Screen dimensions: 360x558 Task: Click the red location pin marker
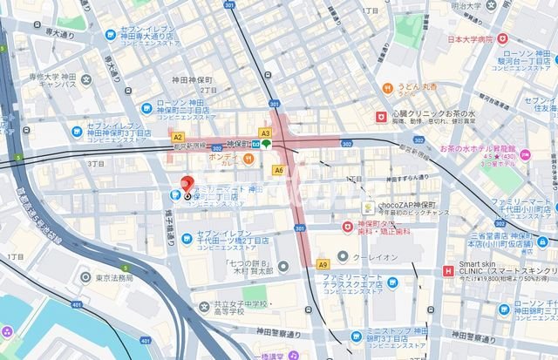click(185, 185)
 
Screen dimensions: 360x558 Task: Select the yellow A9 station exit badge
click(322, 263)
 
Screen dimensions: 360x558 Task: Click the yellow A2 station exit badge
click(178, 137)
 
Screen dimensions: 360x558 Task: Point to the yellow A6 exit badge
click(279, 170)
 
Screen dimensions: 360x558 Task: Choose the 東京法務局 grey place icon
click(84, 277)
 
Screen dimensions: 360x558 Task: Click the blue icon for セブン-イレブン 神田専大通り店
click(111, 35)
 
